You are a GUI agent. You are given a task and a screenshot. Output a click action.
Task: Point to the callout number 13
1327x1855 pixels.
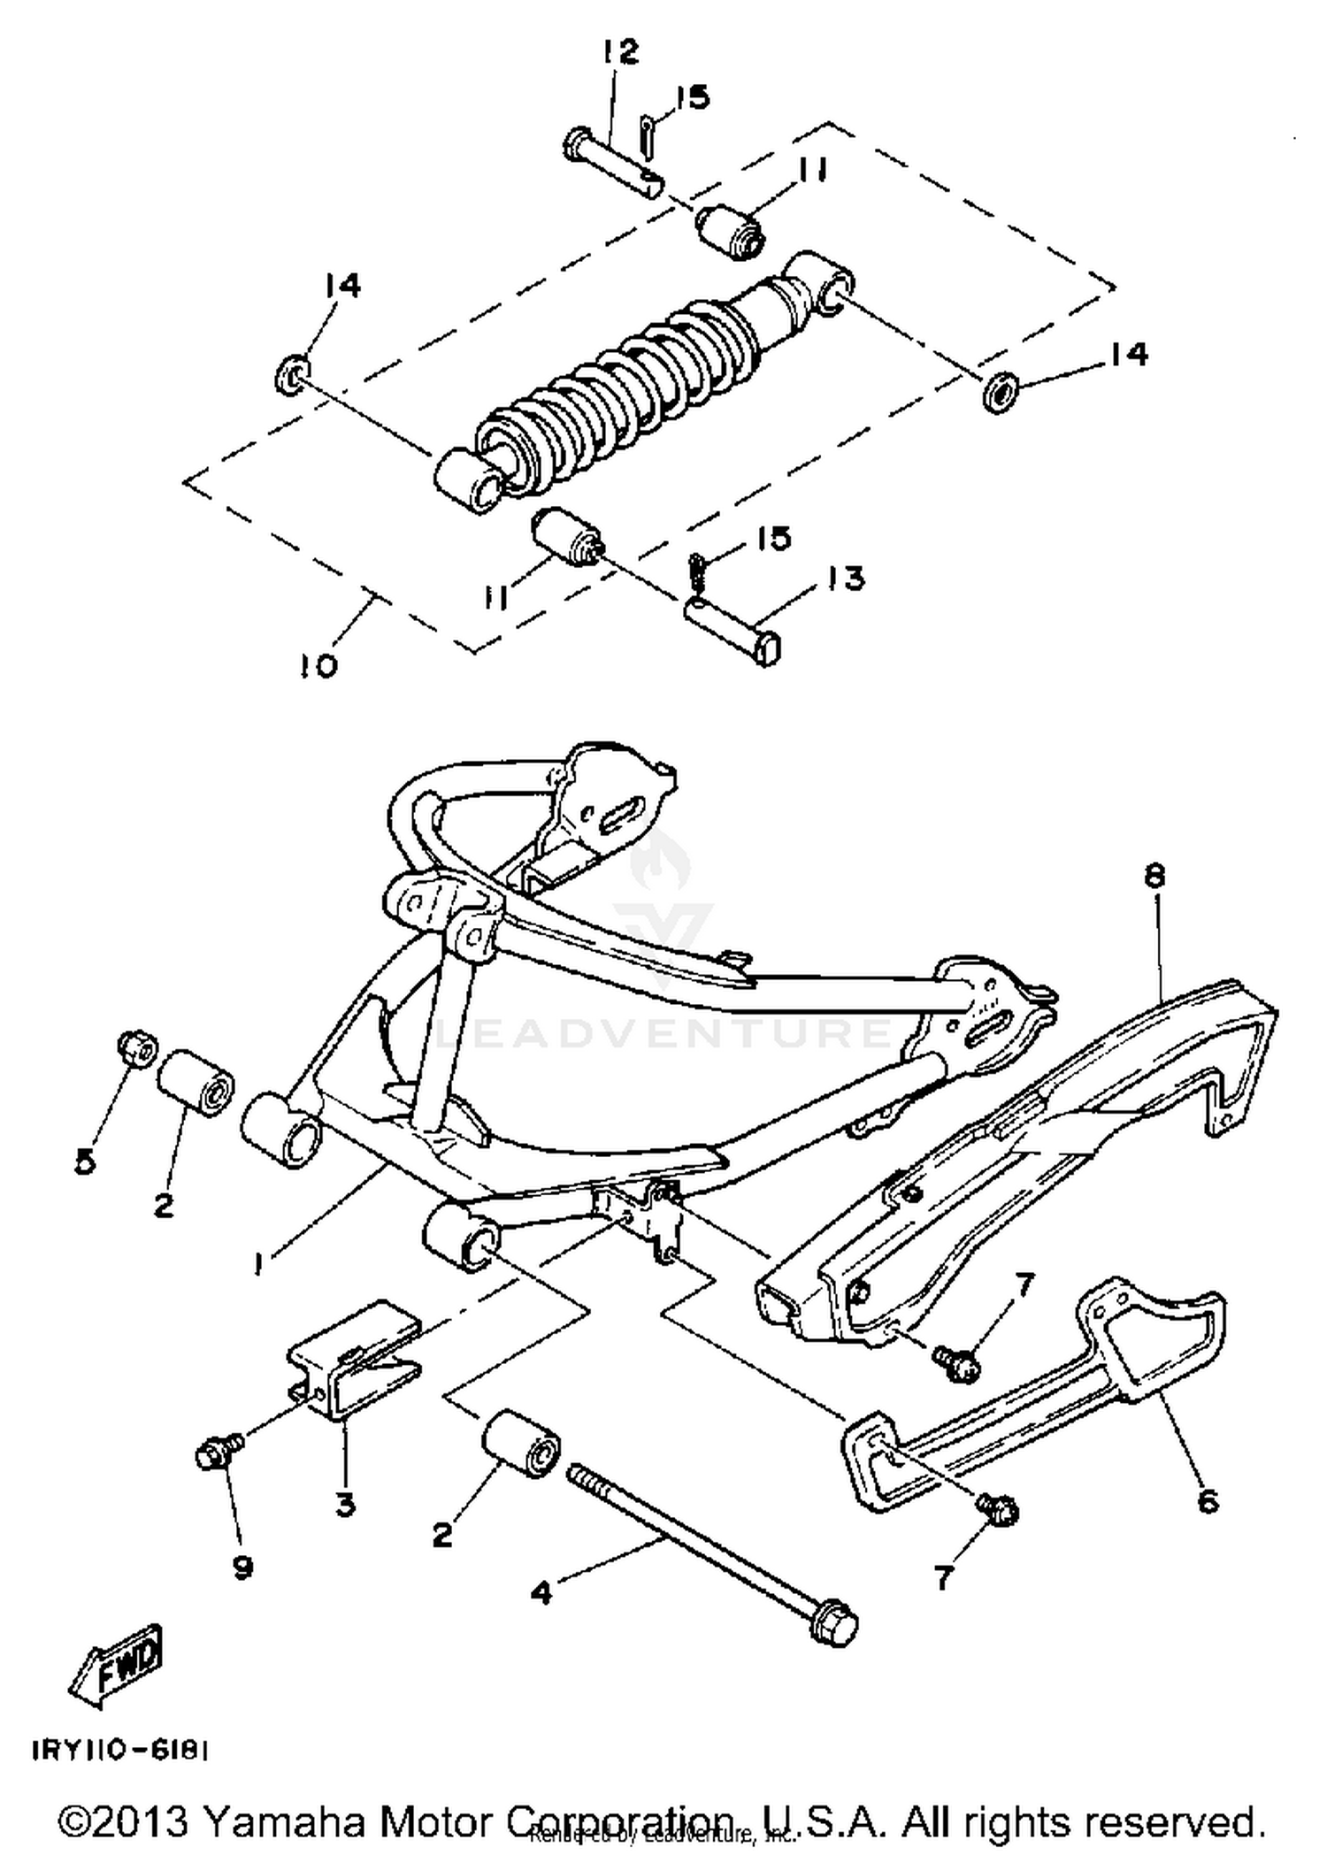click(846, 579)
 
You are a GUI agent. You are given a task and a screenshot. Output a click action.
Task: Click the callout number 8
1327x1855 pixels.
click(1154, 877)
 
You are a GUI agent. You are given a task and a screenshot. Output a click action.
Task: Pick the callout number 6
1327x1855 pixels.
click(1207, 1500)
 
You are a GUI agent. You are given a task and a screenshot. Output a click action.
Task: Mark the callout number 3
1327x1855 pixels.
click(345, 1503)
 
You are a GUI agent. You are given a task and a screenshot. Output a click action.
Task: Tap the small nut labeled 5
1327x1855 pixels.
click(136, 1048)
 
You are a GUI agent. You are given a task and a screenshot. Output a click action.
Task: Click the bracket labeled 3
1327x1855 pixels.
click(354, 1361)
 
